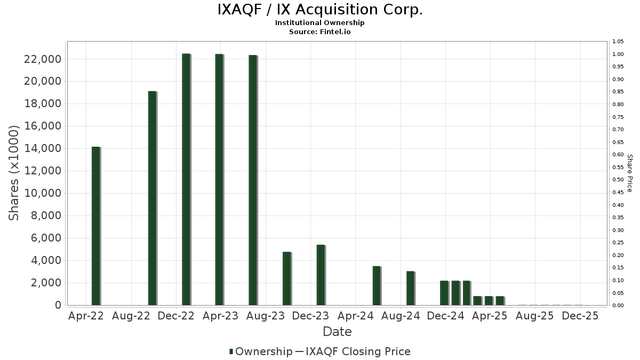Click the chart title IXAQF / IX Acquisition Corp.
(x=320, y=10)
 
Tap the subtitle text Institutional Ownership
(x=320, y=23)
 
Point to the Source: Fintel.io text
(x=320, y=31)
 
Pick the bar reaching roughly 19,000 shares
(x=152, y=198)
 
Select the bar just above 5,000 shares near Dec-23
(x=320, y=275)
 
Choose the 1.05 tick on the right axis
(x=618, y=42)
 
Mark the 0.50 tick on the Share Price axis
(x=618, y=180)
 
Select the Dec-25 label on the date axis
(x=580, y=316)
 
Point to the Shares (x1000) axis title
(x=14, y=173)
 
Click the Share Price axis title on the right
(x=630, y=173)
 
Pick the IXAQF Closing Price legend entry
(x=353, y=351)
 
